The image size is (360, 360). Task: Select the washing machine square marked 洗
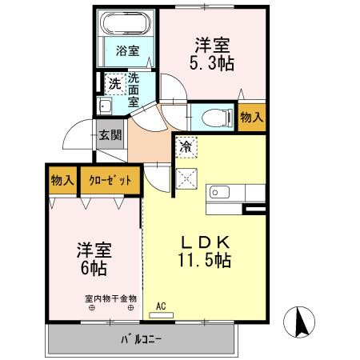coord(114,82)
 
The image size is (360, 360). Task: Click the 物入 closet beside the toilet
coord(251,118)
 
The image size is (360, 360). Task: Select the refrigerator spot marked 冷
coord(186,146)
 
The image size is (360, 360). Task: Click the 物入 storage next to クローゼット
coord(62,179)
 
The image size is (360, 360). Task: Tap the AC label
coord(161,306)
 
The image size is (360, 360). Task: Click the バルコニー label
coord(142,339)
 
